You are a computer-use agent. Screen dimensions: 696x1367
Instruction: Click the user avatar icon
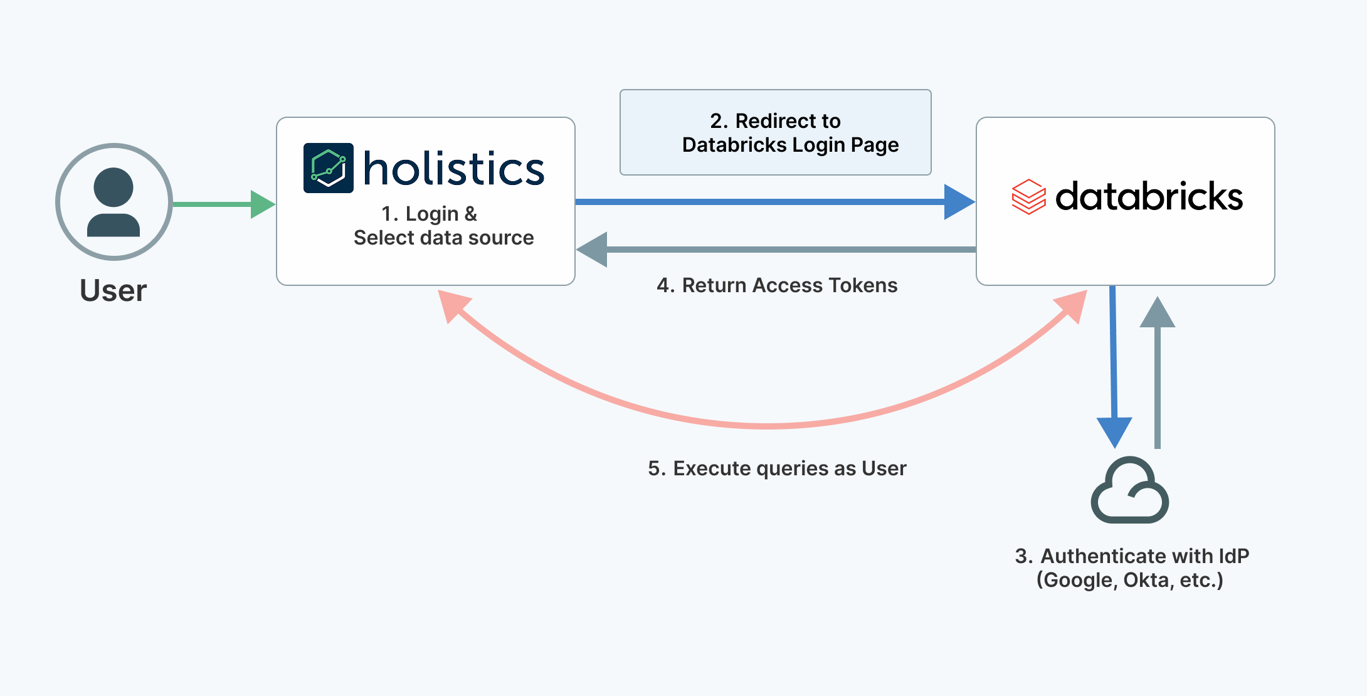[113, 202]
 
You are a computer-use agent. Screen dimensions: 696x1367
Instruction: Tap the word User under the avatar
[113, 291]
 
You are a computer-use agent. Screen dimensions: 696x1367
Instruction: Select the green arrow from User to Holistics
[223, 204]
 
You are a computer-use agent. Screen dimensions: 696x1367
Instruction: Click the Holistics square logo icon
[328, 168]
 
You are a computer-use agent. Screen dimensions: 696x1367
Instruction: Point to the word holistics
[454, 169]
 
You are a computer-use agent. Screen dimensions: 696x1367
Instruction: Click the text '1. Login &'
[430, 214]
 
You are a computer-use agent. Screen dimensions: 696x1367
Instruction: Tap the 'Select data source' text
[443, 238]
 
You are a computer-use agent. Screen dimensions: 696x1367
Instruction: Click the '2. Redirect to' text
[775, 120]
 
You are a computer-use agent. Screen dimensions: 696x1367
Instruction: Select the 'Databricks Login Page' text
[790, 145]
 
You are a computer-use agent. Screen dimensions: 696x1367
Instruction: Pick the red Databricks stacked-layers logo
[1028, 197]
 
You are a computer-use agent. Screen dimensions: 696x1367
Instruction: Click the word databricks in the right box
[1149, 197]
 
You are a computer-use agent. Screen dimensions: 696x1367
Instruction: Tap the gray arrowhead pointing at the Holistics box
[593, 250]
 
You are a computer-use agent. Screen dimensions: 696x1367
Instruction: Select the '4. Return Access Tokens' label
[777, 285]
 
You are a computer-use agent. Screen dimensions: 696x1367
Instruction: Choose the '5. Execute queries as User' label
[777, 468]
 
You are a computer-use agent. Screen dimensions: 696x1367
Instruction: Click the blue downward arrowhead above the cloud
[1114, 431]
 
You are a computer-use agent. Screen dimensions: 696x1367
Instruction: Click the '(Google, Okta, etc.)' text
[1129, 580]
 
